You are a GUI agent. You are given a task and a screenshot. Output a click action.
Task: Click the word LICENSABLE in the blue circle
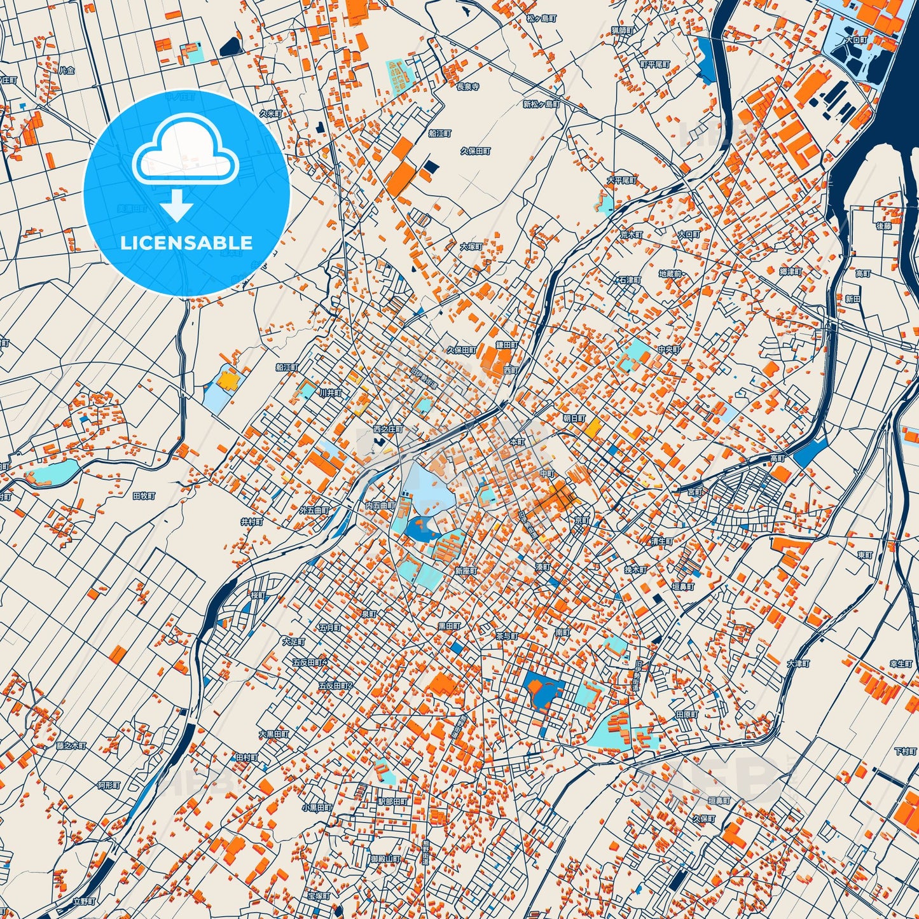186,243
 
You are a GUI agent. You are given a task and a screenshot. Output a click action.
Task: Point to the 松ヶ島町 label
541,19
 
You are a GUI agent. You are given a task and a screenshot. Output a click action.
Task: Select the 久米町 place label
270,113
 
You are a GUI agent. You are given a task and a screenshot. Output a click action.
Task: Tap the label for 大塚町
472,246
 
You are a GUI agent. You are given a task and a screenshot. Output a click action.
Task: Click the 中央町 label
669,350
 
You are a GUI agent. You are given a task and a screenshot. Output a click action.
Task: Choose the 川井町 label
331,393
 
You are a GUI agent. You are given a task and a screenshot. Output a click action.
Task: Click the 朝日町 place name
574,418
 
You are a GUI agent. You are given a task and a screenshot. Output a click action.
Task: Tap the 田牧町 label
144,495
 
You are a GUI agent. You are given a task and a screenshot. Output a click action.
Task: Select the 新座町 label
466,571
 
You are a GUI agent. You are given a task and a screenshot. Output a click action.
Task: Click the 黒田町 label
449,626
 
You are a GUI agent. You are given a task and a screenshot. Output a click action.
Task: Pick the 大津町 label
798,664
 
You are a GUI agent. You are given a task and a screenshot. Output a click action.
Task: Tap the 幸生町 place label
901,663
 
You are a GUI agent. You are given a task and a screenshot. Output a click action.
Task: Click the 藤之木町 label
71,745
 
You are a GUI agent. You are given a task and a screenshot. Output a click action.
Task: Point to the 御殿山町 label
385,859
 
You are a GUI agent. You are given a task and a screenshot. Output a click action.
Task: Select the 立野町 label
84,901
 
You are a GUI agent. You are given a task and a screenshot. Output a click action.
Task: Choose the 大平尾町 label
621,181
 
